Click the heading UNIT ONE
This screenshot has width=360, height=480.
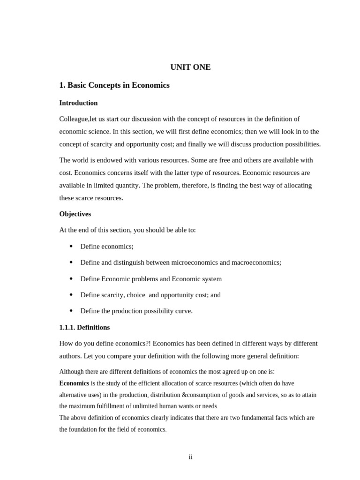[x=190, y=67]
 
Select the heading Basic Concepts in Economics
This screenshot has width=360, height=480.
[x=114, y=85]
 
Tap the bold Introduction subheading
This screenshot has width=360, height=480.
[x=78, y=103]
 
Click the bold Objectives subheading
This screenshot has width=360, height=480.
[x=75, y=214]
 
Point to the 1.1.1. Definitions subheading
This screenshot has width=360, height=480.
[x=84, y=328]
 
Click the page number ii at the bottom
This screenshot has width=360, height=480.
[x=190, y=457]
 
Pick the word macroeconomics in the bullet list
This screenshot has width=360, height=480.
[x=257, y=262]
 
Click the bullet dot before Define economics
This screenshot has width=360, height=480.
[x=71, y=247]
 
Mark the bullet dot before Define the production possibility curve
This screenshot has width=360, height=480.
[x=71, y=311]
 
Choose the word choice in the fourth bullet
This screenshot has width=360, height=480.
[x=135, y=295]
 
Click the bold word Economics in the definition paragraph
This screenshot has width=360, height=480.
[x=74, y=383]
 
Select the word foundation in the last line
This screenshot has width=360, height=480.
[x=85, y=429]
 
